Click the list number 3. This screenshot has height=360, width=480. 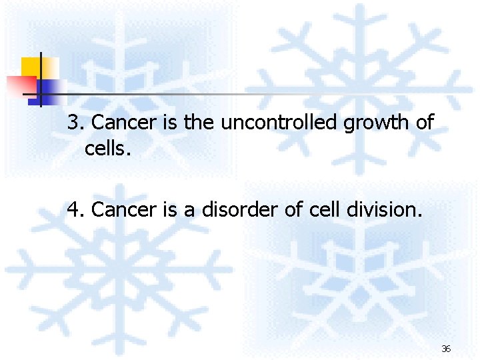click(x=75, y=123)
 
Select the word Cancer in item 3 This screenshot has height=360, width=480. click(x=115, y=123)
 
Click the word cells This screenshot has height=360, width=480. click(x=105, y=148)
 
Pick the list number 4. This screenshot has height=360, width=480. click(x=75, y=210)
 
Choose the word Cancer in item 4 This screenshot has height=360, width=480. click(x=115, y=210)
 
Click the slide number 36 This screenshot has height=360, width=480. click(x=446, y=349)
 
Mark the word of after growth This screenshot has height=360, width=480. click(x=425, y=123)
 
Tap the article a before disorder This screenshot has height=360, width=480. click(x=189, y=211)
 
